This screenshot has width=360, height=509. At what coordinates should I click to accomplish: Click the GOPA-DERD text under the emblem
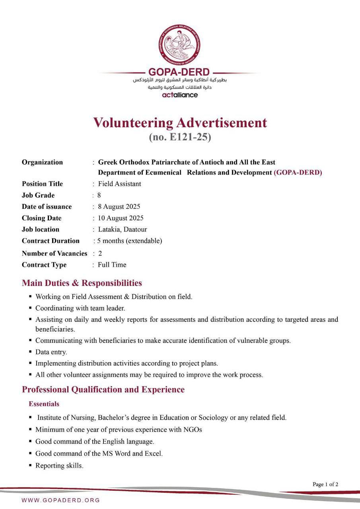[x=179, y=72]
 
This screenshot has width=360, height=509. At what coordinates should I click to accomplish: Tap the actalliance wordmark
[x=180, y=95]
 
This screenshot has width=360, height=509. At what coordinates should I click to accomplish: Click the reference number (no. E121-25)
[x=180, y=138]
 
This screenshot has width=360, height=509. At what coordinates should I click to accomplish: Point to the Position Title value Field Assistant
[x=119, y=184]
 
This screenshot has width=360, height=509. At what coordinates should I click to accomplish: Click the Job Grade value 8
[x=99, y=195]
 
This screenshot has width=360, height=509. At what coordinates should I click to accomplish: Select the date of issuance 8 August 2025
[x=119, y=207]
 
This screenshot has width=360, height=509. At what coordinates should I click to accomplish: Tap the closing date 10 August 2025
[x=121, y=218]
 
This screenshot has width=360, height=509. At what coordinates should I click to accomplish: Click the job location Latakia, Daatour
[x=123, y=229]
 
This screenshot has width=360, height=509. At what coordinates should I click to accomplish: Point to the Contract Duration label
[x=51, y=241]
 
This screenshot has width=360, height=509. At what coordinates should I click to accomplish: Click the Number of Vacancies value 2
[x=100, y=253]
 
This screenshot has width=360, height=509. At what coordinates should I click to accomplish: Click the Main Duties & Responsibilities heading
[x=82, y=283]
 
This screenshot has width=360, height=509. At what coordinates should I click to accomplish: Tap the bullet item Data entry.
[x=51, y=352]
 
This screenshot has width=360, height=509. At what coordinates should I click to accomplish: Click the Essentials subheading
[x=44, y=404]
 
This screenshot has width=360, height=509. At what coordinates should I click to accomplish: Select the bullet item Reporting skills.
[x=59, y=466]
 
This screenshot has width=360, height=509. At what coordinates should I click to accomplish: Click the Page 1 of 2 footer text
[x=325, y=484]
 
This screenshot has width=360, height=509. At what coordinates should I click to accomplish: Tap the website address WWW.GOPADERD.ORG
[x=61, y=500]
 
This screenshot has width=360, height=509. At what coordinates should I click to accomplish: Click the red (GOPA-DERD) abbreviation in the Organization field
[x=298, y=173]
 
